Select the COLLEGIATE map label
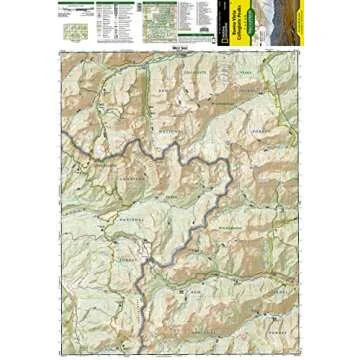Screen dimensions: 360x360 tap(195, 73)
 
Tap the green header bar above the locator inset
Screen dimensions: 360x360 tap(71, 5)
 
